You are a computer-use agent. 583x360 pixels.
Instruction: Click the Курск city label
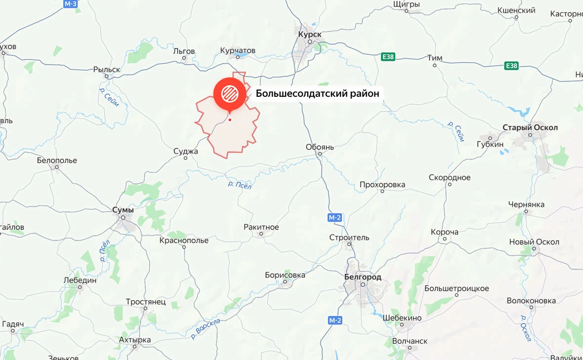click(310, 34)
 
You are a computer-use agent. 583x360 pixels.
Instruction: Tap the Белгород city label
click(363, 277)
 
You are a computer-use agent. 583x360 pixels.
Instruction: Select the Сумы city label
click(123, 209)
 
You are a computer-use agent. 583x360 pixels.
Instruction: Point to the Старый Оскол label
click(530, 127)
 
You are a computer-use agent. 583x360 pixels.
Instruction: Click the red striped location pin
click(229, 93)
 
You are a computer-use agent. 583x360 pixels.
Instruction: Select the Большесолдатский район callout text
click(318, 93)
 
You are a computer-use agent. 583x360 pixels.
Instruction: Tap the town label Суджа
click(186, 151)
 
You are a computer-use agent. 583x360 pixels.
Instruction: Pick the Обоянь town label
click(320, 147)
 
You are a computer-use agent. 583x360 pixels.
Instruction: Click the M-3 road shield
click(71, 3)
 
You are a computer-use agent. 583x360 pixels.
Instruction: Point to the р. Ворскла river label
click(206, 328)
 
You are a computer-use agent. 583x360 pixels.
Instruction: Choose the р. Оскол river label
click(526, 328)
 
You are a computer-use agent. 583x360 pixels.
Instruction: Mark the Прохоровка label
click(382, 185)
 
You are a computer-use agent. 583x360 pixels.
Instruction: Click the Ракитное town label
click(261, 227)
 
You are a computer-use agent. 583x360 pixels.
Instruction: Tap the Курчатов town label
click(238, 50)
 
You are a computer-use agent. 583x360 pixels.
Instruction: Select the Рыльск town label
click(107, 70)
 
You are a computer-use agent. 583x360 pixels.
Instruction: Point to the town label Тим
click(435, 58)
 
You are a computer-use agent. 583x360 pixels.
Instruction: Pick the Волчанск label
click(410, 341)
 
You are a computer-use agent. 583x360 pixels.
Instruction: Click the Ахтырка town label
click(135, 340)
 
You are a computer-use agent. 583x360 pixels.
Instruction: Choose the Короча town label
click(445, 232)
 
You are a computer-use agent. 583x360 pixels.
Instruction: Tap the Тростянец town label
click(145, 302)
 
